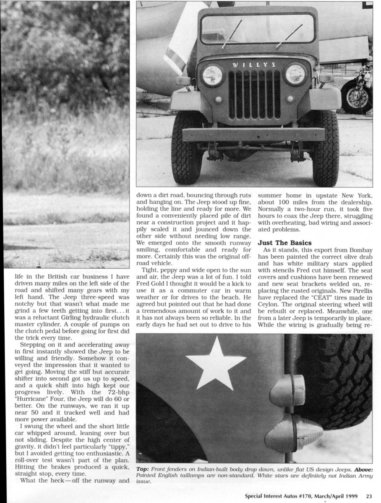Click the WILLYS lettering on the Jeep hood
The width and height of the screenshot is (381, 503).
[254, 65]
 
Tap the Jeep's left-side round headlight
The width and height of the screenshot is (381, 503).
[212, 75]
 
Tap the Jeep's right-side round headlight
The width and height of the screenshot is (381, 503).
[295, 74]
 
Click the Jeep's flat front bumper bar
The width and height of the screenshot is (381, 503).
[253, 135]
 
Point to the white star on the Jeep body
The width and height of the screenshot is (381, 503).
[216, 363]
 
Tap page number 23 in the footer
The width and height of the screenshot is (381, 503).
[368, 495]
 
